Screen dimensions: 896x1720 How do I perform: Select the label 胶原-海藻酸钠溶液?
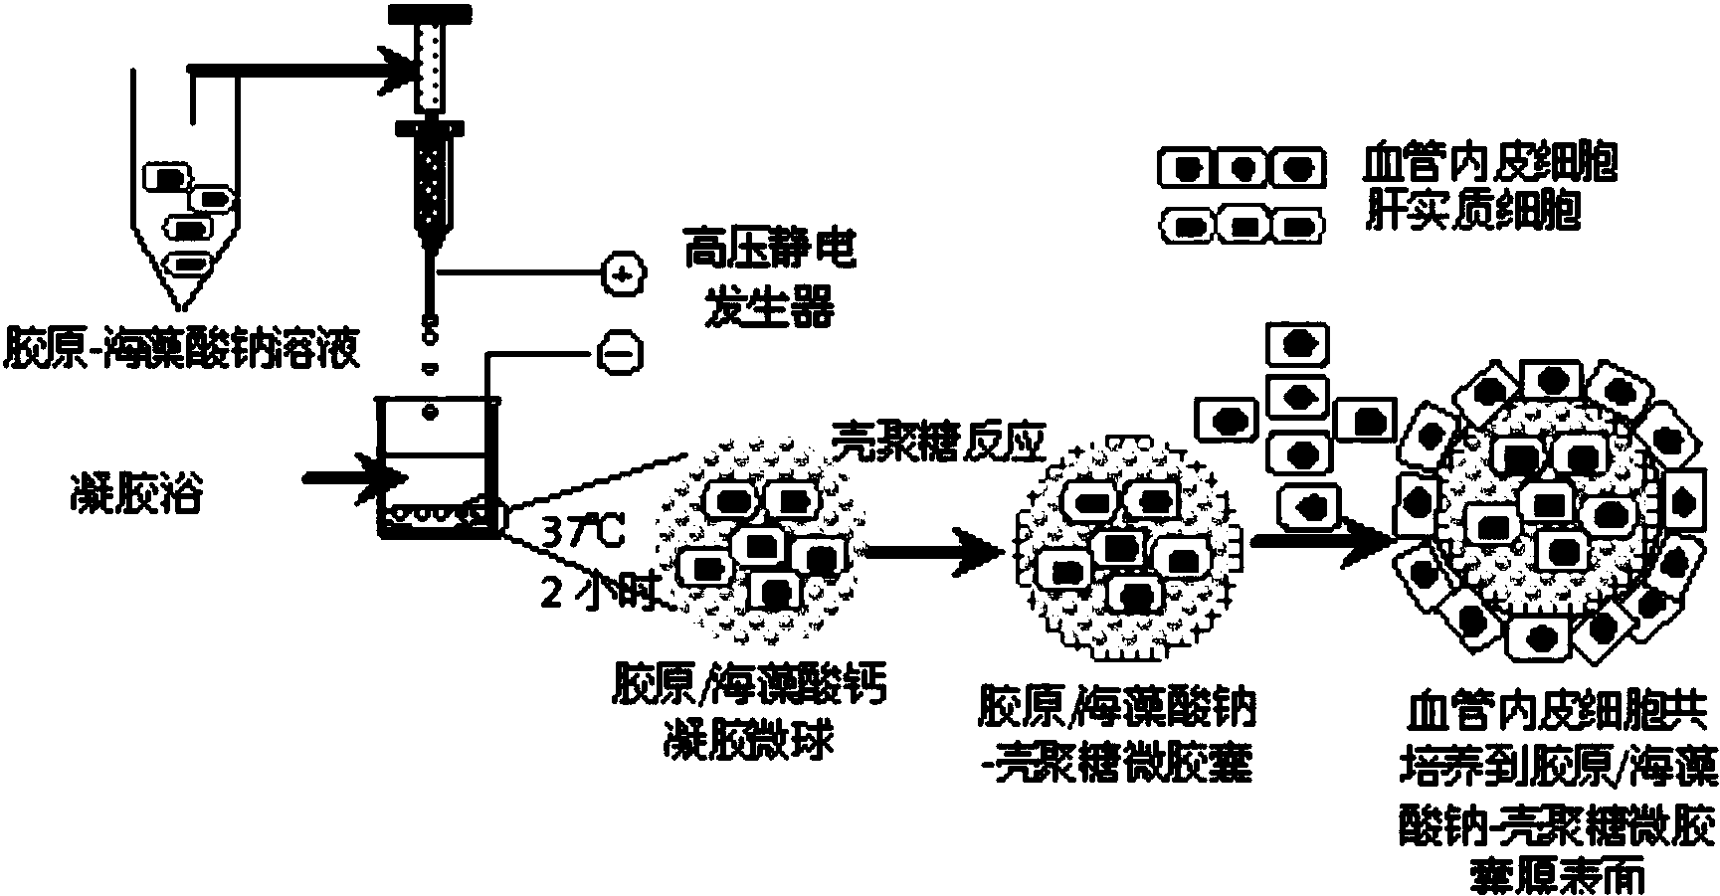pos(183,349)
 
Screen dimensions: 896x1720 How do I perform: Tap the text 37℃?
pos(583,534)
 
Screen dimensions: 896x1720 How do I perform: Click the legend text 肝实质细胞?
pos(1473,212)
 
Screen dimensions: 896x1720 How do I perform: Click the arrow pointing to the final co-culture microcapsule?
pos(1323,541)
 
